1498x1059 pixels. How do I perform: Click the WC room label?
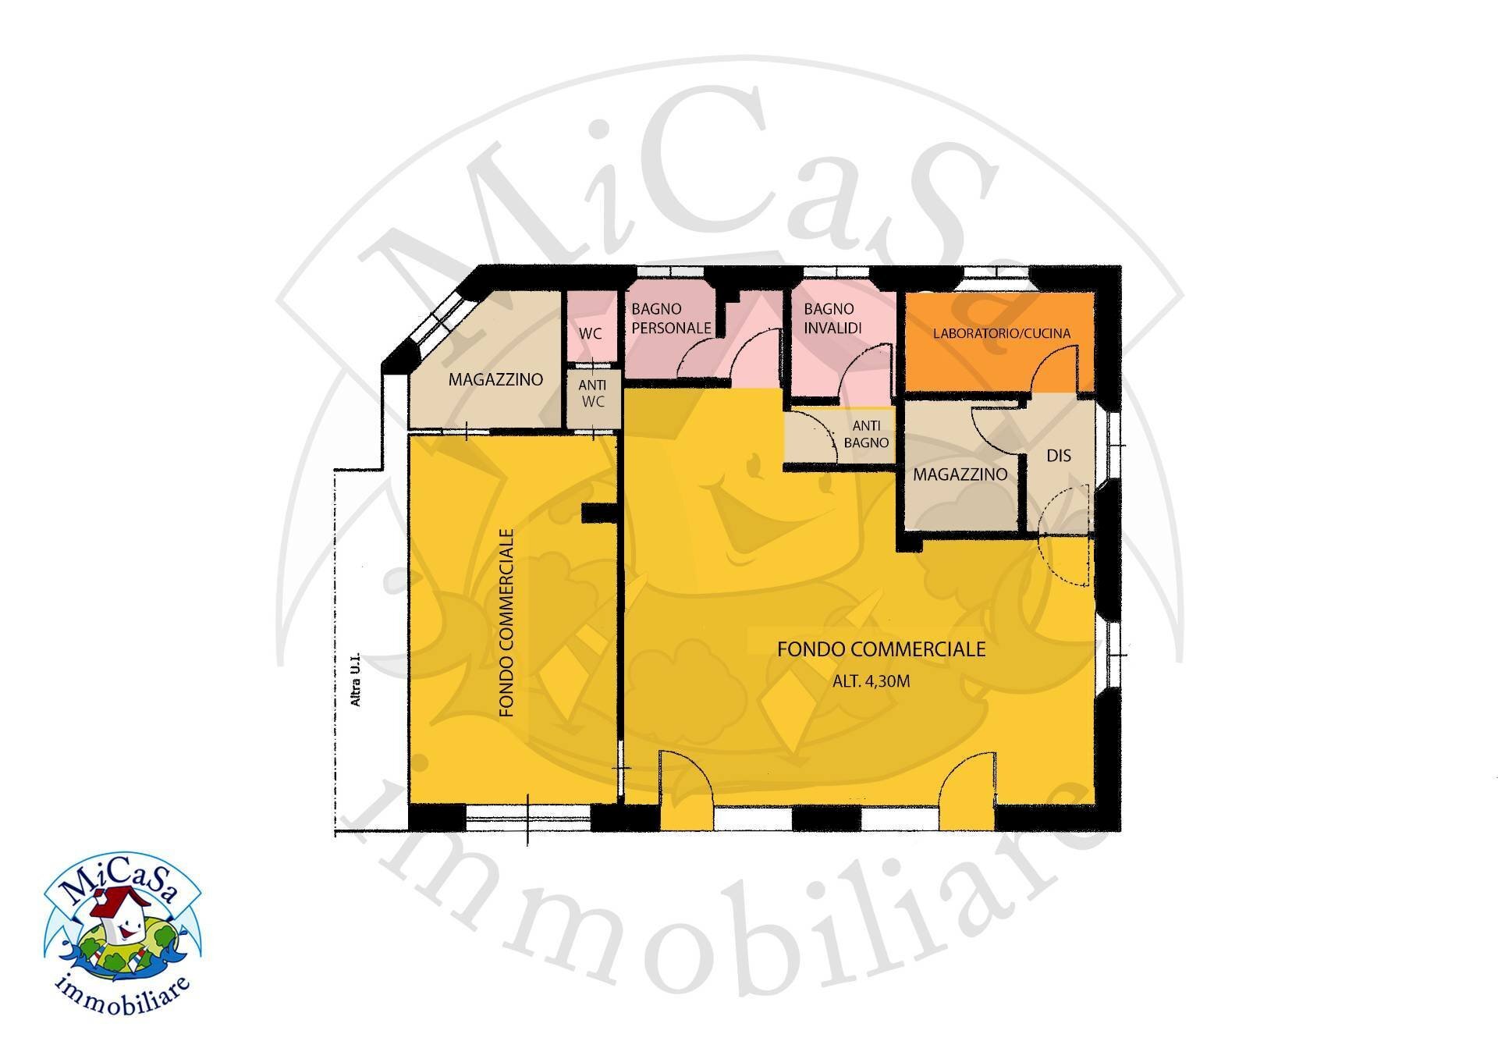tap(591, 333)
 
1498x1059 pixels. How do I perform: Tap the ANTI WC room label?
tap(592, 393)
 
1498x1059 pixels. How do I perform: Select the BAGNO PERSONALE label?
tap(671, 318)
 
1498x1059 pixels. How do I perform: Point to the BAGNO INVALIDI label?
tap(832, 318)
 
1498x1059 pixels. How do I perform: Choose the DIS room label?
tap(1059, 455)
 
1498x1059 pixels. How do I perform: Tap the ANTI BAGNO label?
tap(866, 434)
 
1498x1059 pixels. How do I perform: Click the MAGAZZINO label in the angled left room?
tap(495, 380)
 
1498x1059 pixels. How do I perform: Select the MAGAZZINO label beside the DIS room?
tap(960, 474)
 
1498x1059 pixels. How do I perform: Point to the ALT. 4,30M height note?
tap(871, 681)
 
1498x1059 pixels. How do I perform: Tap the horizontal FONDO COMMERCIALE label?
tap(882, 649)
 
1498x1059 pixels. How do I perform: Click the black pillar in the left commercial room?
tap(600, 513)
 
